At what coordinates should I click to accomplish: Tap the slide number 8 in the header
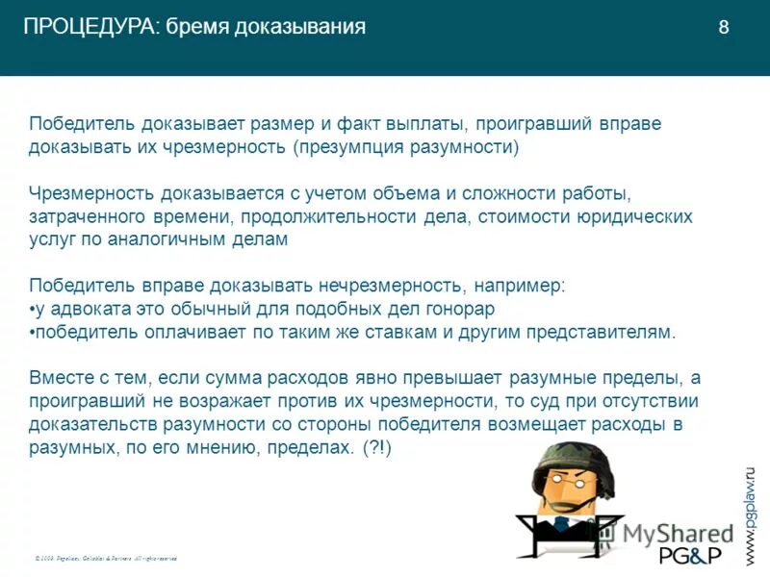pyautogui.click(x=723, y=28)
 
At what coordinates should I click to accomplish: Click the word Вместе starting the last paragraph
pyautogui.click(x=62, y=379)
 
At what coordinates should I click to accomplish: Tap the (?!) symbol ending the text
pyautogui.click(x=377, y=448)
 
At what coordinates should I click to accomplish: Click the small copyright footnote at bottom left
pyautogui.click(x=106, y=558)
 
